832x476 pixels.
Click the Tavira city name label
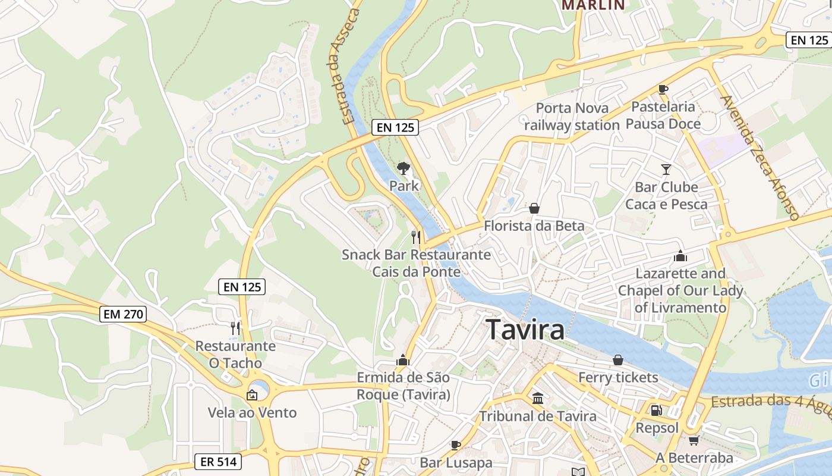(525, 329)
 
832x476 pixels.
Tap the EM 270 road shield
(124, 314)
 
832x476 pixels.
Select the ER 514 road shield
(218, 461)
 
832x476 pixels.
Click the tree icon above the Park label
(404, 168)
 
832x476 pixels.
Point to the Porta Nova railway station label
(572, 117)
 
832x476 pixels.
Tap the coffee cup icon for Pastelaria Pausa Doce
(663, 90)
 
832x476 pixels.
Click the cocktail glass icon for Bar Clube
(666, 170)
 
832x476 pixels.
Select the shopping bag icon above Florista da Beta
(534, 208)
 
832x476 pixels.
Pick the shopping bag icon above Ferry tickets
(618, 360)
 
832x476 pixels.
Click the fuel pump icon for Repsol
(657, 411)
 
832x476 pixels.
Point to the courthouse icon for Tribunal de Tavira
(538, 398)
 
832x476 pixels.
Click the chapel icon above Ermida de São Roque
(403, 360)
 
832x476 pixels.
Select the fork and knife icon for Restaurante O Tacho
(236, 328)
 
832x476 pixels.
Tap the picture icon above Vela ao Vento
(252, 394)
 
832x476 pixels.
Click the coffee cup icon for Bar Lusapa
(456, 445)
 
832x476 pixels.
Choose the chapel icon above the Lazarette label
(680, 256)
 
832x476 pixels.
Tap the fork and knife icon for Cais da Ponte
(416, 237)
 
